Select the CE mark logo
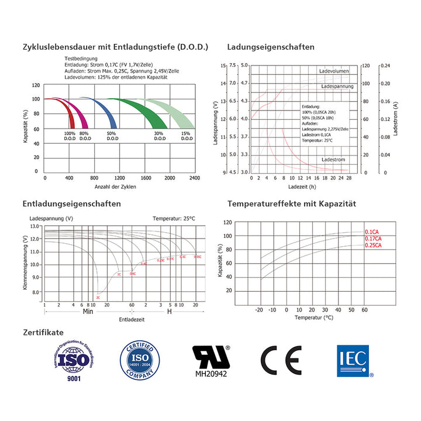pyautogui.click(x=281, y=360)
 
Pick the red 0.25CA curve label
pyautogui.click(x=374, y=246)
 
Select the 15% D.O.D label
pyautogui.click(x=186, y=136)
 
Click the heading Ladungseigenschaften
pyautogui.click(x=270, y=47)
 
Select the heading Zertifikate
pyautogui.click(x=43, y=332)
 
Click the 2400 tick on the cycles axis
pyautogui.click(x=195, y=177)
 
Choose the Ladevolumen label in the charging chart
pyautogui.click(x=334, y=71)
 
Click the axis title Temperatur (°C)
pyautogui.click(x=313, y=318)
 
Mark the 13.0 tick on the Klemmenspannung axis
pyautogui.click(x=34, y=226)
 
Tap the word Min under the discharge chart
pyautogui.click(x=88, y=312)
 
